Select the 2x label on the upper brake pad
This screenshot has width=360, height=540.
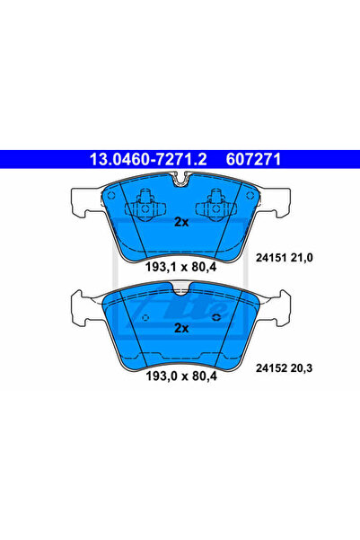(180, 221)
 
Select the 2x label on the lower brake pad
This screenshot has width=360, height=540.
(180, 328)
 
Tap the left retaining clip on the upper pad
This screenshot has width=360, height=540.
(140, 207)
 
